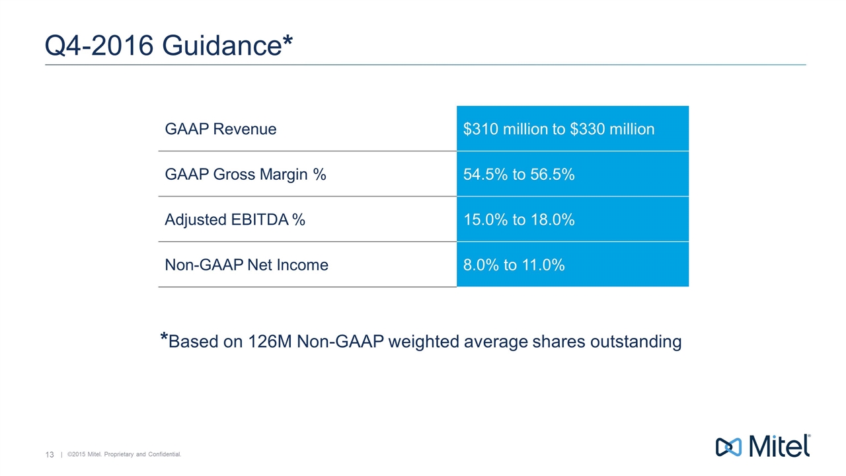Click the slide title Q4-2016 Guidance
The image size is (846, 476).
point(169,46)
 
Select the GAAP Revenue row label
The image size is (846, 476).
point(221,129)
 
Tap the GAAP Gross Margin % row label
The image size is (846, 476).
point(245,175)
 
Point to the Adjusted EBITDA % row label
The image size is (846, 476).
point(235,219)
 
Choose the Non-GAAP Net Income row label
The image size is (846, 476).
point(247,265)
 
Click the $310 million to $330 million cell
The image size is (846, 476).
point(558,129)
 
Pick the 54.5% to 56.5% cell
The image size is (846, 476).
point(519,175)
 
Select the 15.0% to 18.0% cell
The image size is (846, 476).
point(519,219)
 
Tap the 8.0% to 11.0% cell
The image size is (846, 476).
point(514,265)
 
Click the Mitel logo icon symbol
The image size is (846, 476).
point(730,446)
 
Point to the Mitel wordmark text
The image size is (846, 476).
point(779,446)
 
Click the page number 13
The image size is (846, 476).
point(49,454)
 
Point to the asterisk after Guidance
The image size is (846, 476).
point(287,40)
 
